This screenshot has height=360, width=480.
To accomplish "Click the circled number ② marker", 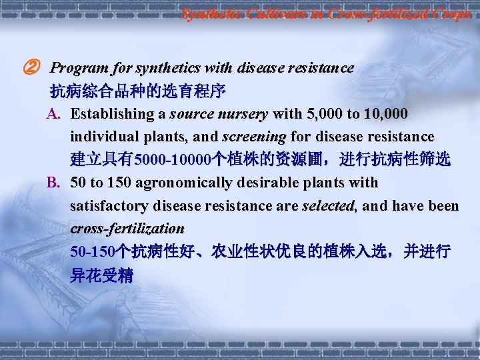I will pyautogui.click(x=31, y=68).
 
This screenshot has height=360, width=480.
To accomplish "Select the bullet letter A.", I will pyautogui.click(x=53, y=114).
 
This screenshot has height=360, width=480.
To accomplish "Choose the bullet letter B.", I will pyautogui.click(x=53, y=183).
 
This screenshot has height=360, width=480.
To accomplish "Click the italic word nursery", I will pyautogui.click(x=244, y=114).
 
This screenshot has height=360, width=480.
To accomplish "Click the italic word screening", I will pyautogui.click(x=254, y=137).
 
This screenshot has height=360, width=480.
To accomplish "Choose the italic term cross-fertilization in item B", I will pyautogui.click(x=127, y=228).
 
